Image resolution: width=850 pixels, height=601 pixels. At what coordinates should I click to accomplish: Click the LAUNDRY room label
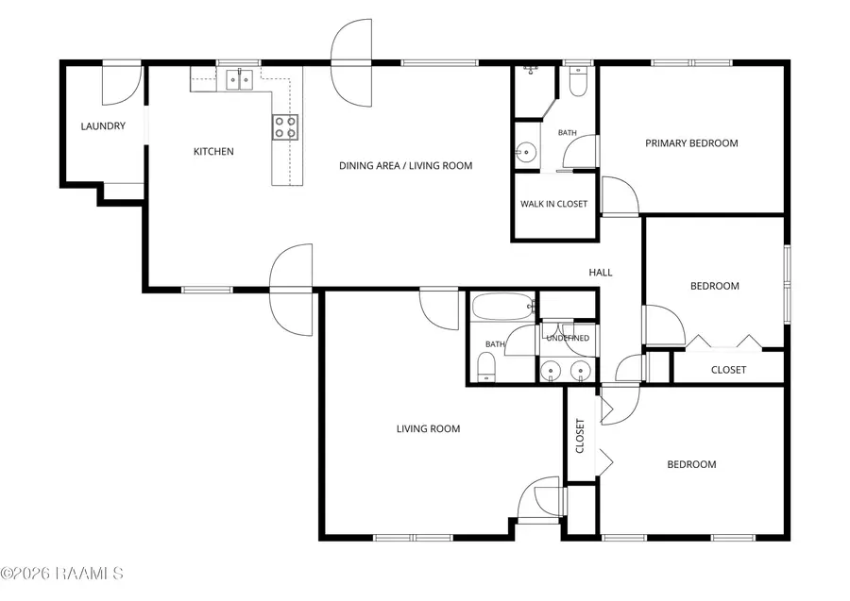coord(103,126)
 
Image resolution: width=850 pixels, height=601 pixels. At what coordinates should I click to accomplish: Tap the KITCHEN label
coord(213,152)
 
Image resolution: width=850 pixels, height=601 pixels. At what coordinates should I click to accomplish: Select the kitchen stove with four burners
coord(285,127)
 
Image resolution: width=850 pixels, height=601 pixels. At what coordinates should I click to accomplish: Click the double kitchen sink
coord(240,80)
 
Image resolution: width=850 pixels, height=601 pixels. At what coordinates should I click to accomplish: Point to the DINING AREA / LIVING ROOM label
coord(405,166)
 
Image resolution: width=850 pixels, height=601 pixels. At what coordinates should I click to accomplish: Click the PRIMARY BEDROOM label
coord(691,143)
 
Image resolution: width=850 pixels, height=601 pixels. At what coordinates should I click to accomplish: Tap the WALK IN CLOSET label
coord(553,204)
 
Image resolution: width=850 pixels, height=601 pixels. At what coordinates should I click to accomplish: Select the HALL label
coord(601,273)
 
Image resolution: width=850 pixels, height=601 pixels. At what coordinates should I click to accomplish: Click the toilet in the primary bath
coord(578,81)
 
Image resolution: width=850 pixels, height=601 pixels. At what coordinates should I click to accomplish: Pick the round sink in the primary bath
coord(525,152)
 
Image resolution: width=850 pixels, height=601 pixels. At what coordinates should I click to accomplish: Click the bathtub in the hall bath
coord(503,307)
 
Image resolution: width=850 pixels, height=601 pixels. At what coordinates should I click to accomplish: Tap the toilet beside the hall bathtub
coord(486,367)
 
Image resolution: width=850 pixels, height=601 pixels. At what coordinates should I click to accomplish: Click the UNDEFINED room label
coord(568,339)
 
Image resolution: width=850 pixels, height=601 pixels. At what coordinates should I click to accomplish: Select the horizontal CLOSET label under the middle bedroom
coord(728,370)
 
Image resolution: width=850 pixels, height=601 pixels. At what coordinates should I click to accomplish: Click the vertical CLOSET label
coord(580,436)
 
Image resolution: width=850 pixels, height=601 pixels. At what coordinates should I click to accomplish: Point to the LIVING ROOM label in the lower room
coord(428,429)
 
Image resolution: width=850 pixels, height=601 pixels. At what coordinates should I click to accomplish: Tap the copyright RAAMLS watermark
coord(61,574)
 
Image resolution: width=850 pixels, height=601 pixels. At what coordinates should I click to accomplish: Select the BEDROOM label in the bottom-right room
coord(691,464)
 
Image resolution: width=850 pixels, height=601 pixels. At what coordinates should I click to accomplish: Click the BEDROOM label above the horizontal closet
coord(715,286)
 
